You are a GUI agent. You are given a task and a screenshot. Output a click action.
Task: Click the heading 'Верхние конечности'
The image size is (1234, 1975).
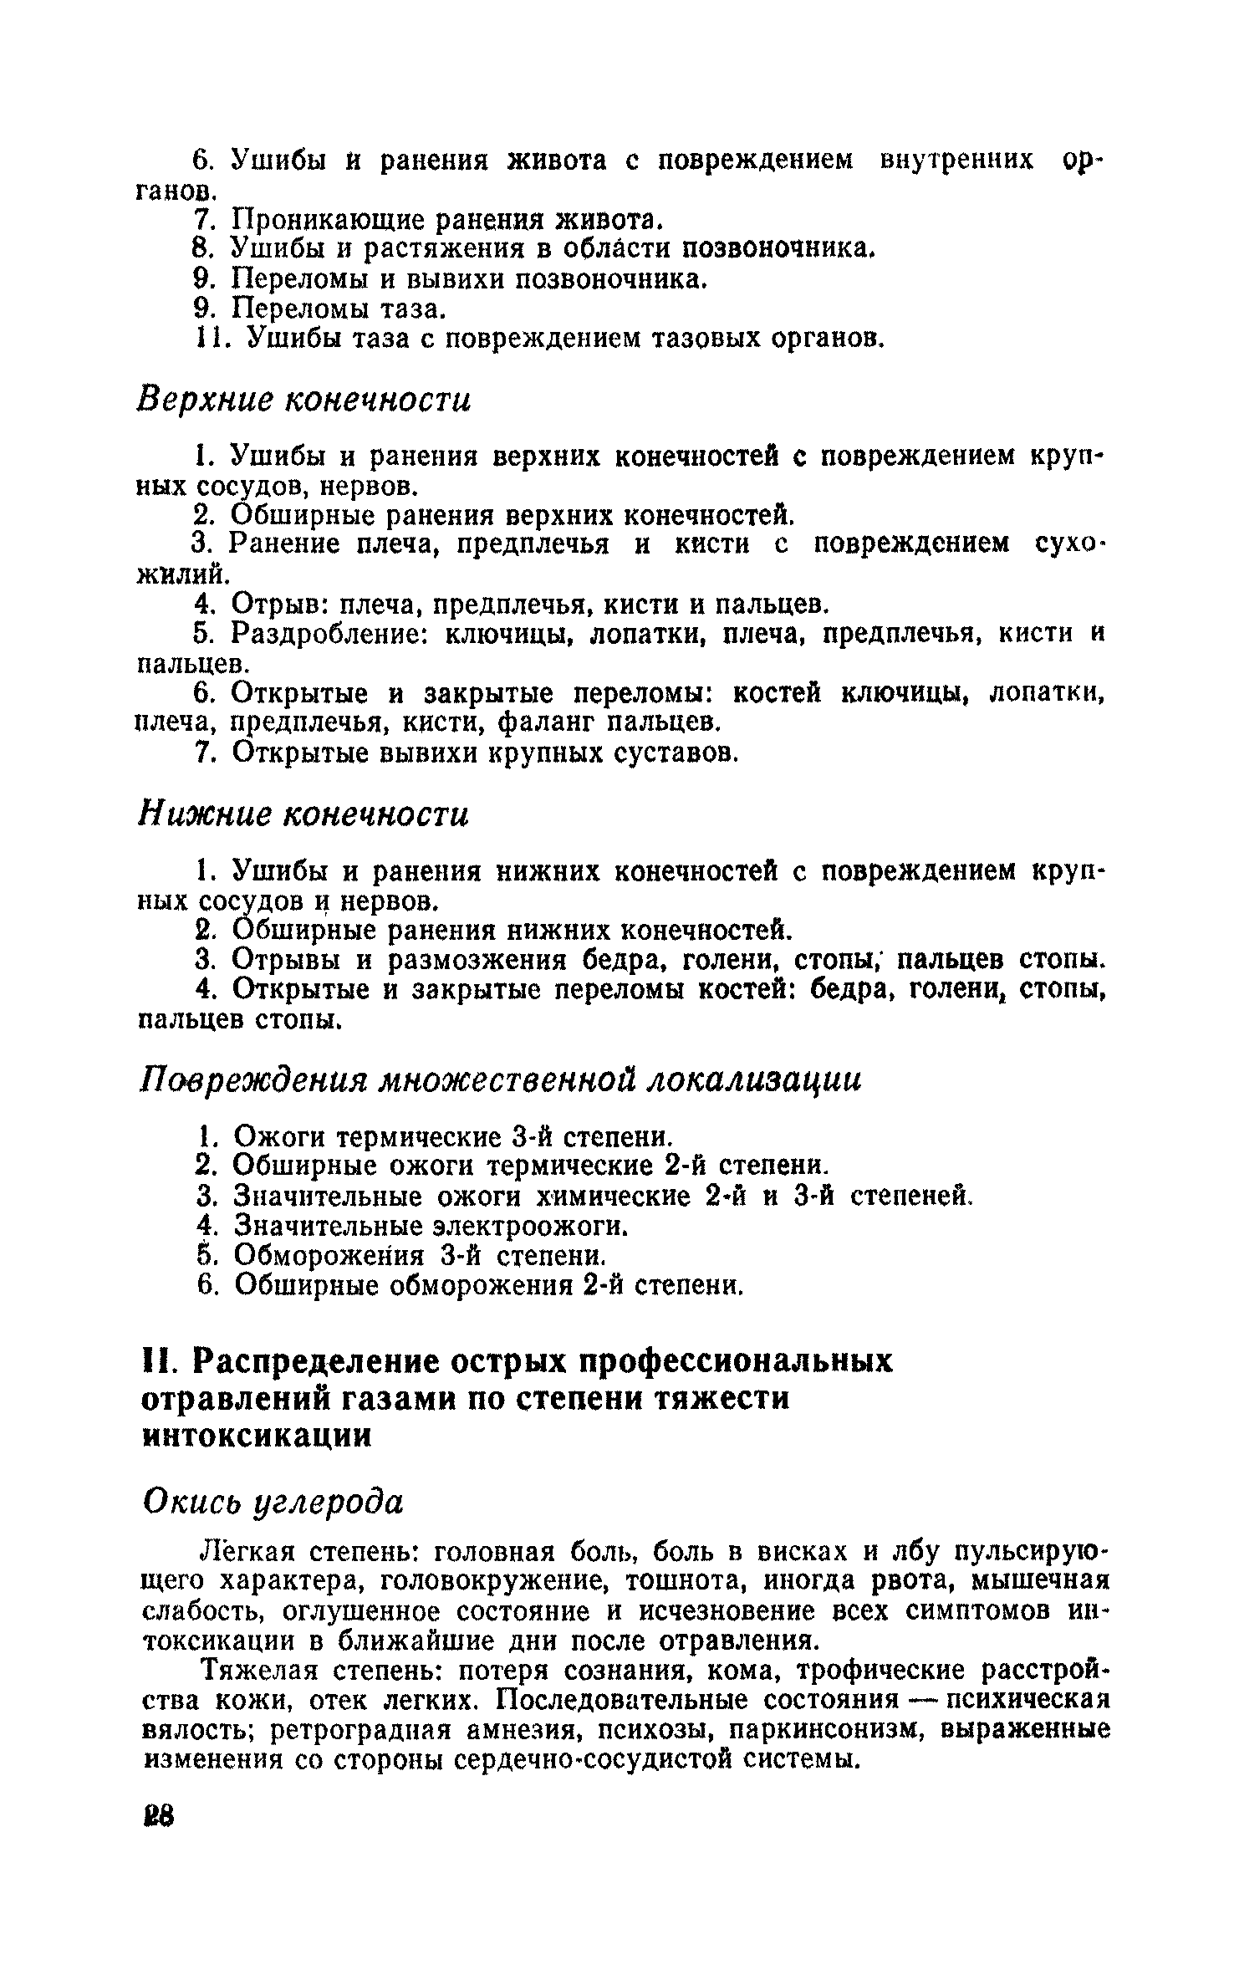pyautogui.click(x=303, y=400)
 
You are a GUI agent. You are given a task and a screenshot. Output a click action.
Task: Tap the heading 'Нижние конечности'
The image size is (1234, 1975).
pyautogui.click(x=303, y=814)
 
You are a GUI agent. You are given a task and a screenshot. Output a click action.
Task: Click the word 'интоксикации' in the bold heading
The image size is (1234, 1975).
pyautogui.click(x=257, y=1435)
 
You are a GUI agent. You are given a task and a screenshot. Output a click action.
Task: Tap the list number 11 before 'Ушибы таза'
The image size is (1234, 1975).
pyautogui.click(x=206, y=339)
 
